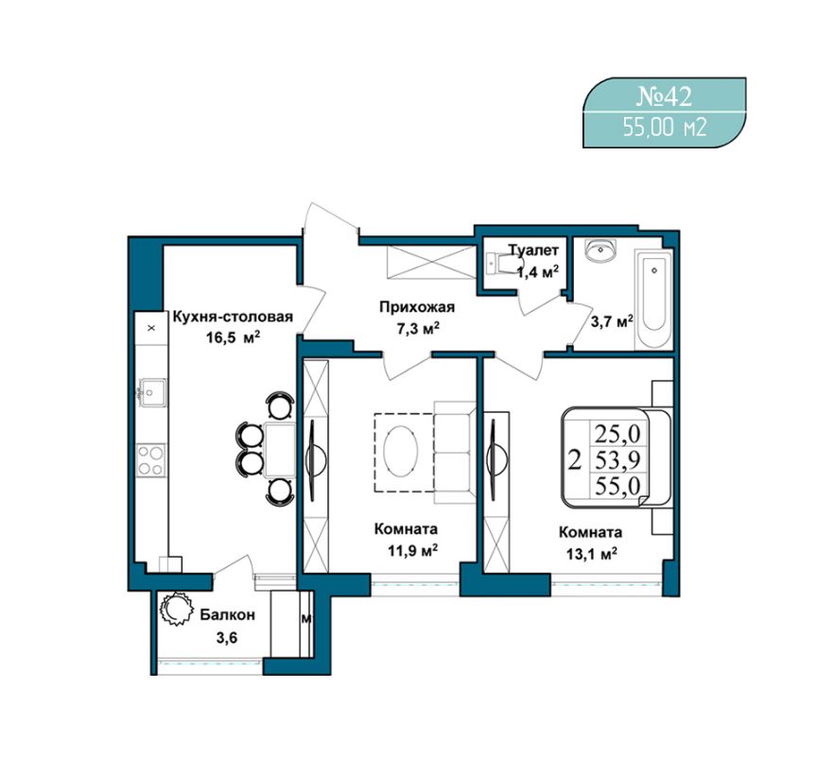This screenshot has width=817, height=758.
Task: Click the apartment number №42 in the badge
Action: (x=665, y=96)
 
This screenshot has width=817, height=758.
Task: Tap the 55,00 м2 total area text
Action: (x=665, y=127)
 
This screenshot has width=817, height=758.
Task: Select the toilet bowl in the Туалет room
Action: (x=498, y=263)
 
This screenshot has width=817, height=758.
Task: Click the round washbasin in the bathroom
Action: (x=600, y=250)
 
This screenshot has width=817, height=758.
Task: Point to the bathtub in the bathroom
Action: (x=652, y=300)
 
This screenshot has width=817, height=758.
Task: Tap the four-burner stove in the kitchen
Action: (x=150, y=460)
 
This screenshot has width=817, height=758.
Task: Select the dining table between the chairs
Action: (x=280, y=450)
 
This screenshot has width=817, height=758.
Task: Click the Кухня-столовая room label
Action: (x=233, y=317)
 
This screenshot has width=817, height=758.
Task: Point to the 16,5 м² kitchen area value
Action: (x=233, y=337)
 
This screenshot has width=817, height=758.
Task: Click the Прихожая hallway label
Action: (x=417, y=307)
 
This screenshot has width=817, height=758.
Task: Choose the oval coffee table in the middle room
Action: (x=400, y=451)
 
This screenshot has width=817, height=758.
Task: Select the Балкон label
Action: (x=228, y=614)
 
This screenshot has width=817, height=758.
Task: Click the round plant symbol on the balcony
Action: (x=175, y=609)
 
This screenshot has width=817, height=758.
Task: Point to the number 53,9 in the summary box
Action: (x=618, y=459)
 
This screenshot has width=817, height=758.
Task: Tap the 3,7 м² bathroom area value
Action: (x=612, y=322)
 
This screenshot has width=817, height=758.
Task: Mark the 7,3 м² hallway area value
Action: (x=417, y=329)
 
